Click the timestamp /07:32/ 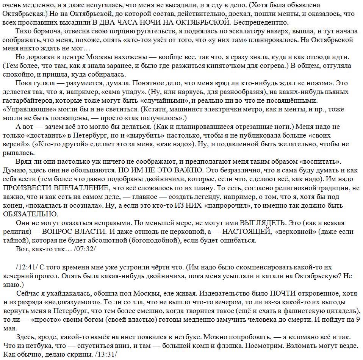click(83, 249)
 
